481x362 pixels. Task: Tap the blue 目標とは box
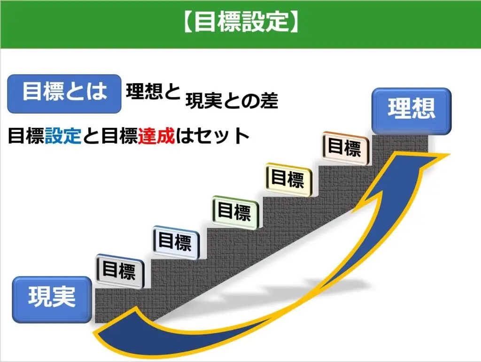coord(64,93)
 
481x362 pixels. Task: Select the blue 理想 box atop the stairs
coord(411,110)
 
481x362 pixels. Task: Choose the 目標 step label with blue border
coord(175,243)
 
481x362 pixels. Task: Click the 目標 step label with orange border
coord(344,148)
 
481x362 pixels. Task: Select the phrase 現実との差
coord(232,101)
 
